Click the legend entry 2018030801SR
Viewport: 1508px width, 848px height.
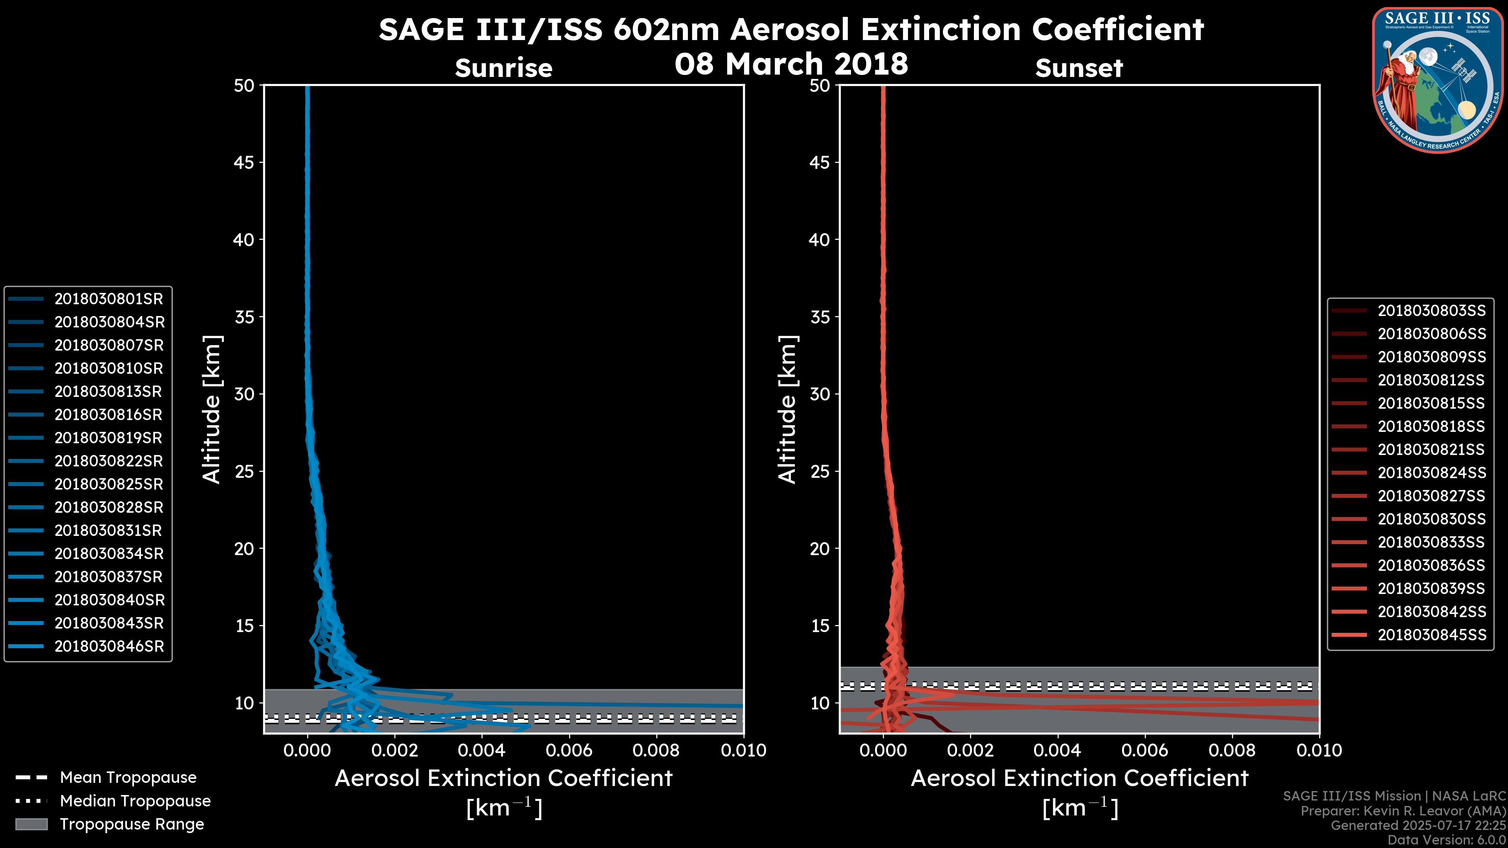coord(108,299)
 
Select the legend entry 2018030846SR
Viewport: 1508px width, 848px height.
coord(109,647)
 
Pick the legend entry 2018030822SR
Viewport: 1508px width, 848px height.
coord(108,461)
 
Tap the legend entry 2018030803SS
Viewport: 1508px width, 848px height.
coord(1431,311)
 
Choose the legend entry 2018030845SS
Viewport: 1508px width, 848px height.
coord(1431,635)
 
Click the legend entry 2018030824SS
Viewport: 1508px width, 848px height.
coord(1431,473)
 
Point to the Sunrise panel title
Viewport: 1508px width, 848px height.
coord(503,68)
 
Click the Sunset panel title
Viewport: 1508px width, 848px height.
coord(1079,68)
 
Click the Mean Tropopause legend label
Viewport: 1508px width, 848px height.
coord(128,778)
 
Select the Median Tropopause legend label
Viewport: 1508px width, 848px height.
coord(135,801)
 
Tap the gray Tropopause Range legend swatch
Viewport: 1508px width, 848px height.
coord(31,824)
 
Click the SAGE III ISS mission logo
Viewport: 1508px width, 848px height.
coord(1438,80)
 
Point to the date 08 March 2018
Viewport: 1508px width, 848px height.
coord(791,64)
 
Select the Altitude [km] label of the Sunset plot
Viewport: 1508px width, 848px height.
coord(787,409)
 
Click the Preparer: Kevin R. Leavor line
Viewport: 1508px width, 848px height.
coord(1403,811)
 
